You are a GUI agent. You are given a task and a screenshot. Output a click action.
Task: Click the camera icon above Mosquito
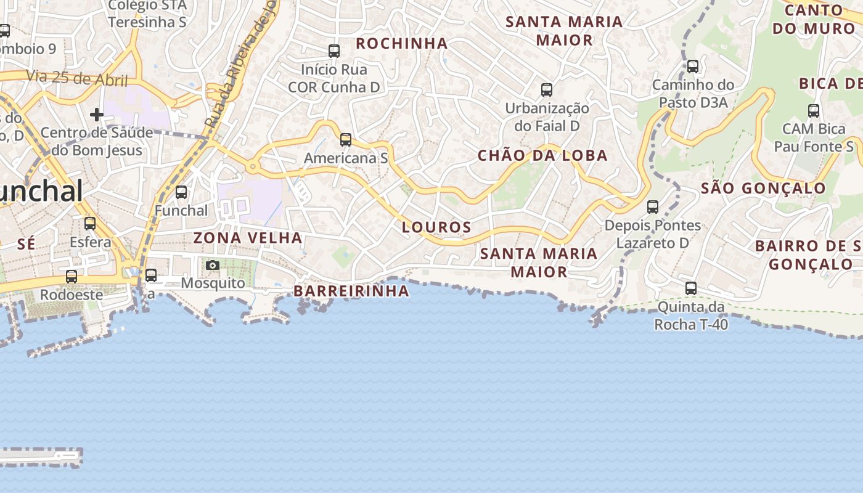pos(213,265)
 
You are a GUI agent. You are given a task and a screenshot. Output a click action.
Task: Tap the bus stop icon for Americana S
pos(346,140)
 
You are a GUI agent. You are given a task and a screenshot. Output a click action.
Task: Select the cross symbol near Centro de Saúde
pos(97,115)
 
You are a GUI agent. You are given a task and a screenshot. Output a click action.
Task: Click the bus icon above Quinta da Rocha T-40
pos(691,288)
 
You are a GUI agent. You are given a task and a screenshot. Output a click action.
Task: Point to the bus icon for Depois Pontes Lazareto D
pos(653,207)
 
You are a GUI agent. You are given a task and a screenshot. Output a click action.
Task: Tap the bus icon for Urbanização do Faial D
pos(547,90)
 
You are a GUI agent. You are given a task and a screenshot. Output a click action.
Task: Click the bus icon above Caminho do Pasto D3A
pos(693,67)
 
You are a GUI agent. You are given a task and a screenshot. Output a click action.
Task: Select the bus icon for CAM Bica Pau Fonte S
pos(814,111)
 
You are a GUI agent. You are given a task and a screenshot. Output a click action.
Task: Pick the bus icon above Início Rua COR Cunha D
pos(334,51)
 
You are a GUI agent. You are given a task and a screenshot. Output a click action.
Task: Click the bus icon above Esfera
pos(90,223)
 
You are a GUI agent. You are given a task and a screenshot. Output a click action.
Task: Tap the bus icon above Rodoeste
pos(72,277)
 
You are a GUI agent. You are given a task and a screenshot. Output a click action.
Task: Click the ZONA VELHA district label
pos(248,238)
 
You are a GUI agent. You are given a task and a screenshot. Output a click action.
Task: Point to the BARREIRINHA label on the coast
pos(351,291)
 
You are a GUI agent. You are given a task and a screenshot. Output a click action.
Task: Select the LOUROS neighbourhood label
pos(436,227)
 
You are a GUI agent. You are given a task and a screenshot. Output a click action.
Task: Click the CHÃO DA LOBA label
pos(542,156)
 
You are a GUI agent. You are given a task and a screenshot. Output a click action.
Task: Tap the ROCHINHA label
pos(401,44)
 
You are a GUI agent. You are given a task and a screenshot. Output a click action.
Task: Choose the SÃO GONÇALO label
pos(763,189)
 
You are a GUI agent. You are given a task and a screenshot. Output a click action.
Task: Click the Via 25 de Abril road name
pos(77,79)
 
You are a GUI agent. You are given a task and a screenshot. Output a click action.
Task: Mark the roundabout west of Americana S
pos(252,166)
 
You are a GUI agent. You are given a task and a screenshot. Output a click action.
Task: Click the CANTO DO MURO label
pos(814,19)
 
